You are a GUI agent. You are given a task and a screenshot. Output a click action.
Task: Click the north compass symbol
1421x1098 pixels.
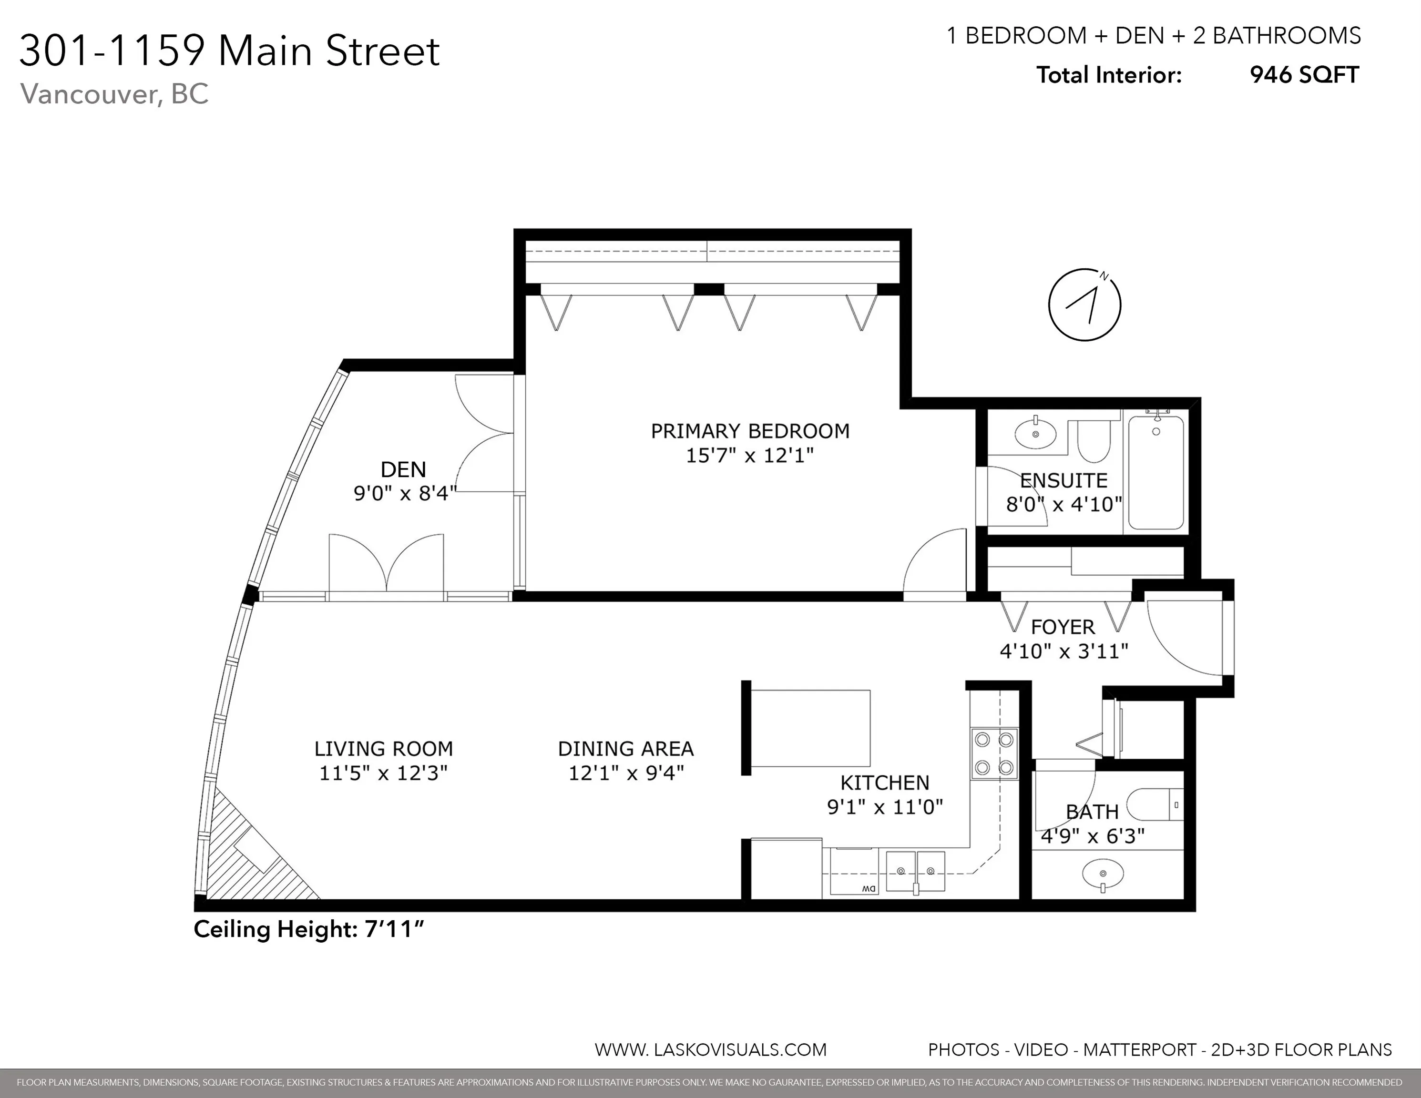click(x=1084, y=305)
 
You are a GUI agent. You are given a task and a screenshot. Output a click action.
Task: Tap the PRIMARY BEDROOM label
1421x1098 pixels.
click(x=750, y=431)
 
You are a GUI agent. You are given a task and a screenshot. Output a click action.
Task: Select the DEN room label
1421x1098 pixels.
click(x=403, y=469)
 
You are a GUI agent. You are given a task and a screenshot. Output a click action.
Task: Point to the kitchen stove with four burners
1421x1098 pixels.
click(x=994, y=753)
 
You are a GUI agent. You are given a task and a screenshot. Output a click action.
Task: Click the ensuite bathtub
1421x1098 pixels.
click(x=1156, y=472)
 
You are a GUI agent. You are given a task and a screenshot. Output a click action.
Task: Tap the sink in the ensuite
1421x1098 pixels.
click(x=1036, y=433)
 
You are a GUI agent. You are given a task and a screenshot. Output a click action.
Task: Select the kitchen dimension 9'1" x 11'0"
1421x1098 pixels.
click(x=885, y=807)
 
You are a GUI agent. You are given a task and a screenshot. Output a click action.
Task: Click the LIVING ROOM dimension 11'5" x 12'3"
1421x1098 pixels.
click(x=383, y=773)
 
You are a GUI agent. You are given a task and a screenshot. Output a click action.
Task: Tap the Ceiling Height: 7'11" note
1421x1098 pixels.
click(x=308, y=929)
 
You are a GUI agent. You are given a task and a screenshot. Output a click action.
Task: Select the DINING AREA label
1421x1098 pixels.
click(x=626, y=749)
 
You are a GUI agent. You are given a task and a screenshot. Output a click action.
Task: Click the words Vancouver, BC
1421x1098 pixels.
click(x=114, y=94)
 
